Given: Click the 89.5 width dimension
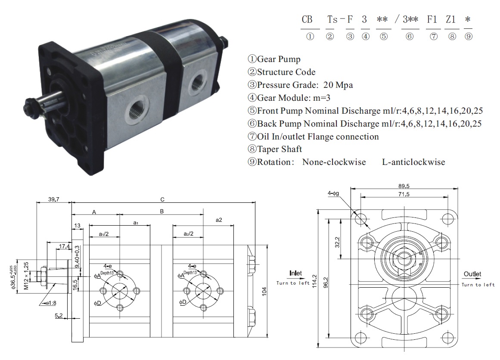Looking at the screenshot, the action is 404,186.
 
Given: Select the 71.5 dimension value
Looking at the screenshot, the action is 404,194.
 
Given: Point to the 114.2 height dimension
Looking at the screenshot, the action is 314,281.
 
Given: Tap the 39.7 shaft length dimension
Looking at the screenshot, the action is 54,199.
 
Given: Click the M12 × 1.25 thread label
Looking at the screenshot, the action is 26,276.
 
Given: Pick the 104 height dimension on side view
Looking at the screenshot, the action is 264,291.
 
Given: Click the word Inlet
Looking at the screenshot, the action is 295,273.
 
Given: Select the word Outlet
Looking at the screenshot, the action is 472,274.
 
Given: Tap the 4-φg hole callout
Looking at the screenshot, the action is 333,193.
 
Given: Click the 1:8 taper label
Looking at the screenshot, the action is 51,303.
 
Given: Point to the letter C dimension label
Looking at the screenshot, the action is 162,200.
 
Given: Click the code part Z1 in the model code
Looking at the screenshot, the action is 450,20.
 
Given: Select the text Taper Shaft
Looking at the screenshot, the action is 280,149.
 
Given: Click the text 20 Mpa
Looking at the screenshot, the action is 338,85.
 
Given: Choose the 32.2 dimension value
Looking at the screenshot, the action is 337,242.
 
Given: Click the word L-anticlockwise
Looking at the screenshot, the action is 413,162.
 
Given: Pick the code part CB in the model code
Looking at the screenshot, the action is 307,20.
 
